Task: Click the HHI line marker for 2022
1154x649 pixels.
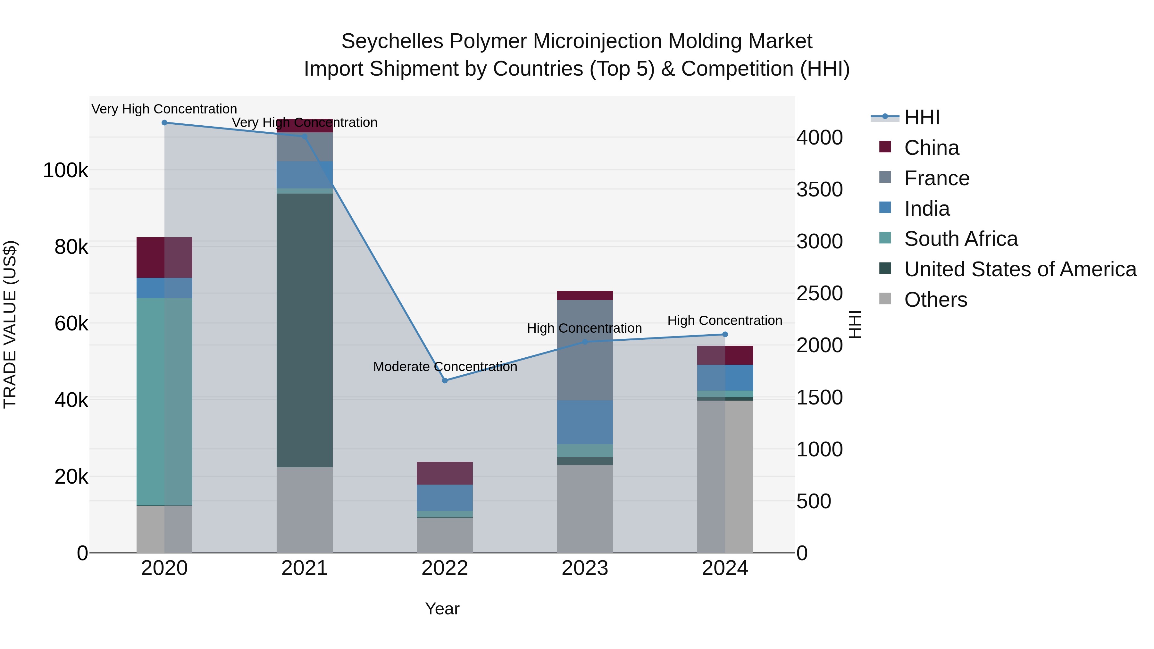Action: point(445,380)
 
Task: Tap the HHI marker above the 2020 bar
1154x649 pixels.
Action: point(164,122)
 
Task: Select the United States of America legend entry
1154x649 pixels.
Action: point(1020,269)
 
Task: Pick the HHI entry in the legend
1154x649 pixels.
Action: point(922,117)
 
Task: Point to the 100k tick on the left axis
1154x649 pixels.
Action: point(65,171)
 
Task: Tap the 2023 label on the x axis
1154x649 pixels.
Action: point(585,568)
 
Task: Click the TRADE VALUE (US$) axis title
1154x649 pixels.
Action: point(10,324)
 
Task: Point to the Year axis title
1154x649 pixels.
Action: point(442,609)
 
